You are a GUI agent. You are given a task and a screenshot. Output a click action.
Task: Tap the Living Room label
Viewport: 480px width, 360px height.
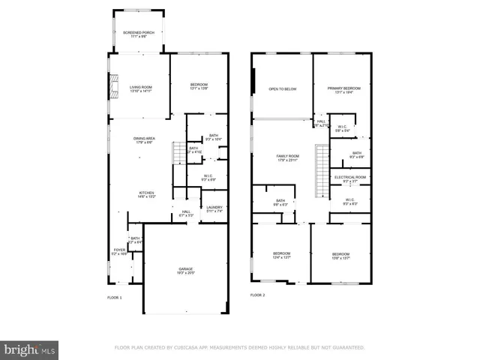point(141,88)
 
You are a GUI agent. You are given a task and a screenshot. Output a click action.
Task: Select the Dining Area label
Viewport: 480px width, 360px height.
point(144,140)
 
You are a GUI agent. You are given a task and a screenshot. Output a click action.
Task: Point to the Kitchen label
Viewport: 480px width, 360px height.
point(146,193)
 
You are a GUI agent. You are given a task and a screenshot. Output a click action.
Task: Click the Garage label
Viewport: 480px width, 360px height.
point(185,270)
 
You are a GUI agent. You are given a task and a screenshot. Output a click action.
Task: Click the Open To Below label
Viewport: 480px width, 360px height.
point(283,89)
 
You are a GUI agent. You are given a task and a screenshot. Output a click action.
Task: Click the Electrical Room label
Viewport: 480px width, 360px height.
point(351,178)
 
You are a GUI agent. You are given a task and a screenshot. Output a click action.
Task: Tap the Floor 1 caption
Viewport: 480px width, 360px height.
point(114,297)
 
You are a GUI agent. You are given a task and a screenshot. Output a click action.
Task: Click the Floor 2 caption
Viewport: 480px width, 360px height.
point(257,295)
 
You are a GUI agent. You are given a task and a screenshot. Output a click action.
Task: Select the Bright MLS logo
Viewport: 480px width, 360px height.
point(30,349)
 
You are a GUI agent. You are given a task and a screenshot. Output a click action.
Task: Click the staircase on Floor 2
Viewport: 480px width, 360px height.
point(322,160)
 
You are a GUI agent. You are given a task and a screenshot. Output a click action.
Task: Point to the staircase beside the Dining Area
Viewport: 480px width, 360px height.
point(178,154)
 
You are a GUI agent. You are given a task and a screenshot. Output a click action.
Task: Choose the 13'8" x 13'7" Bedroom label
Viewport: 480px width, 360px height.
point(341,256)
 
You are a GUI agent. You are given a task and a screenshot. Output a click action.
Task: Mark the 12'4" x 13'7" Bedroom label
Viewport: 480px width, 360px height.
point(281,256)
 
